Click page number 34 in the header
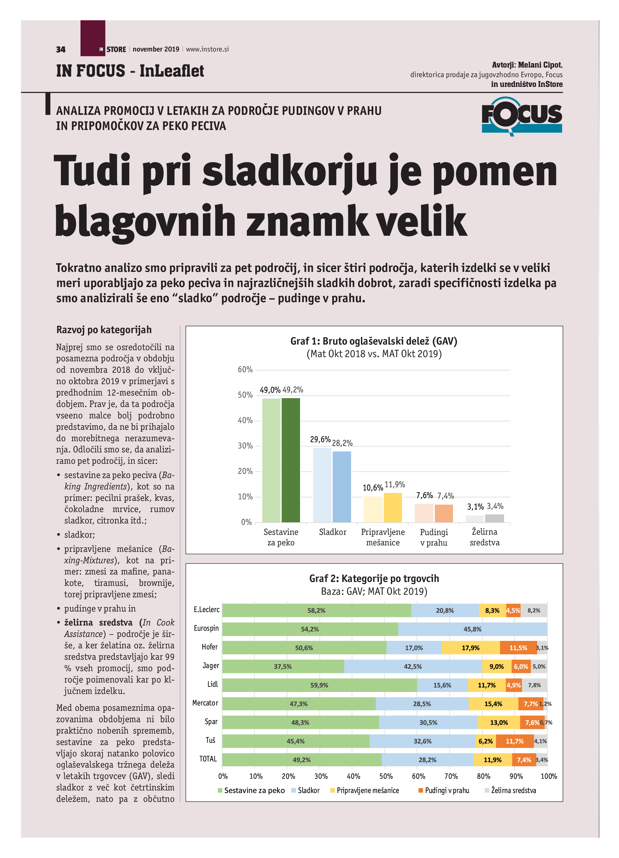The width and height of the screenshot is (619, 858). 61,50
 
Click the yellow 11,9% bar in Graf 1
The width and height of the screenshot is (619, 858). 393,507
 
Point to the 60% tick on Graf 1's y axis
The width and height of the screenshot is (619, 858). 245,370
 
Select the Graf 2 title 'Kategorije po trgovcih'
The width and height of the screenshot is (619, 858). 374,578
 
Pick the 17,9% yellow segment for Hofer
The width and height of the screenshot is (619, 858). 470,648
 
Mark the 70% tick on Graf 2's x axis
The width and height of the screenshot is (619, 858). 450,776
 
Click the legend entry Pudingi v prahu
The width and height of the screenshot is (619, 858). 446,790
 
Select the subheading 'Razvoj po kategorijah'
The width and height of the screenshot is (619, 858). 104,330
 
